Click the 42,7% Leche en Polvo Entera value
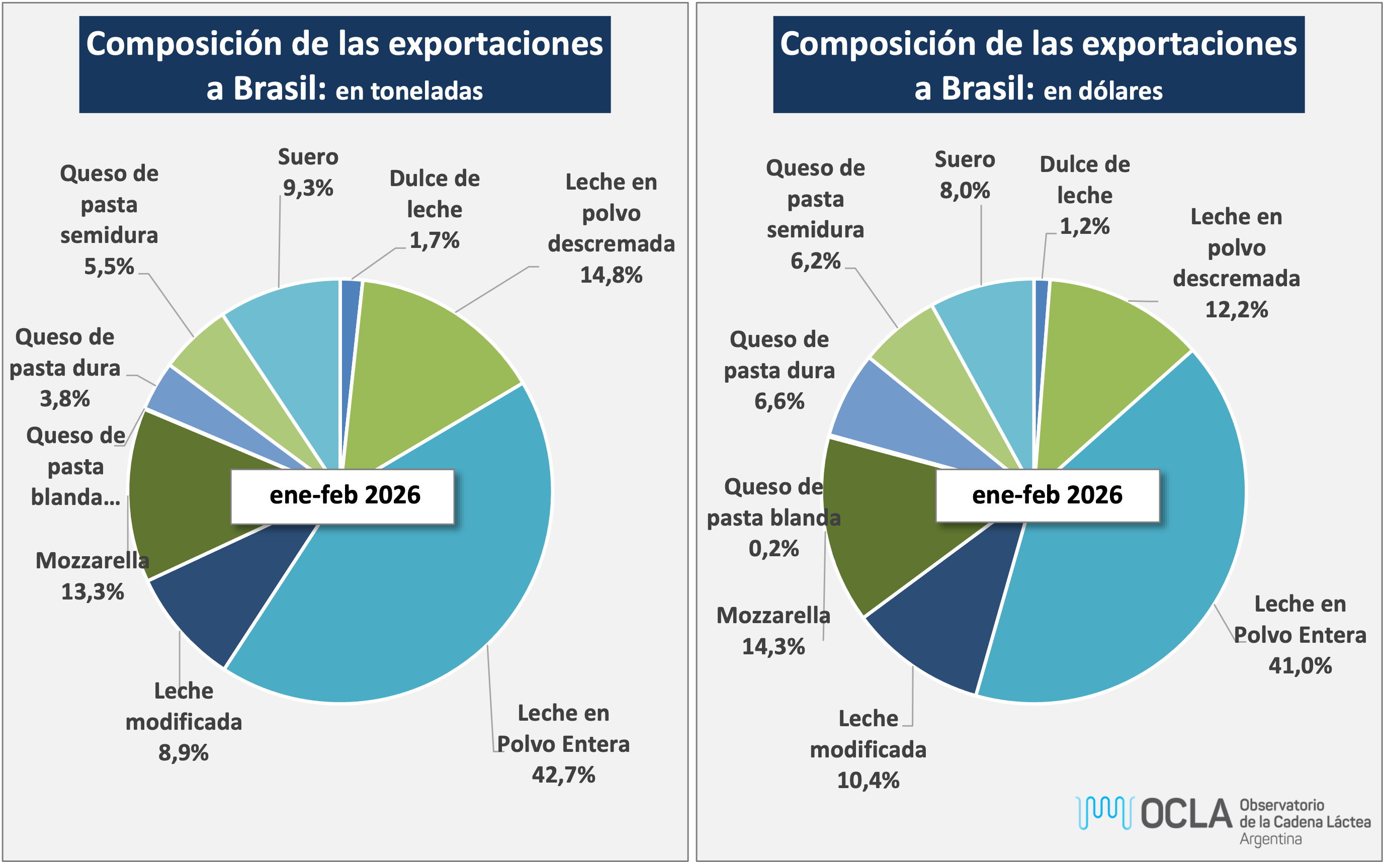pos(563,775)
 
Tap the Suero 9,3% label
pos(308,172)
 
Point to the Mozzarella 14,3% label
pos(773,631)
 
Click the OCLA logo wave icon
pos(1104,812)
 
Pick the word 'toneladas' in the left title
pos(409,91)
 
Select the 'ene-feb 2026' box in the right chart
pos(1047,495)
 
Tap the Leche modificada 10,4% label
pos(868,749)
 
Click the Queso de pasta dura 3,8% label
pos(65,368)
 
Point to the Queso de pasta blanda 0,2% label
pos(773,518)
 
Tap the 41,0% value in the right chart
pos(1300,665)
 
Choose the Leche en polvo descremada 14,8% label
pos(611,228)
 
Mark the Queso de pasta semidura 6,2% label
pos(815,214)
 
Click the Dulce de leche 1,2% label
pos(1084,195)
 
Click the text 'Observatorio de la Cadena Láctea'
pos(1305,821)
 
